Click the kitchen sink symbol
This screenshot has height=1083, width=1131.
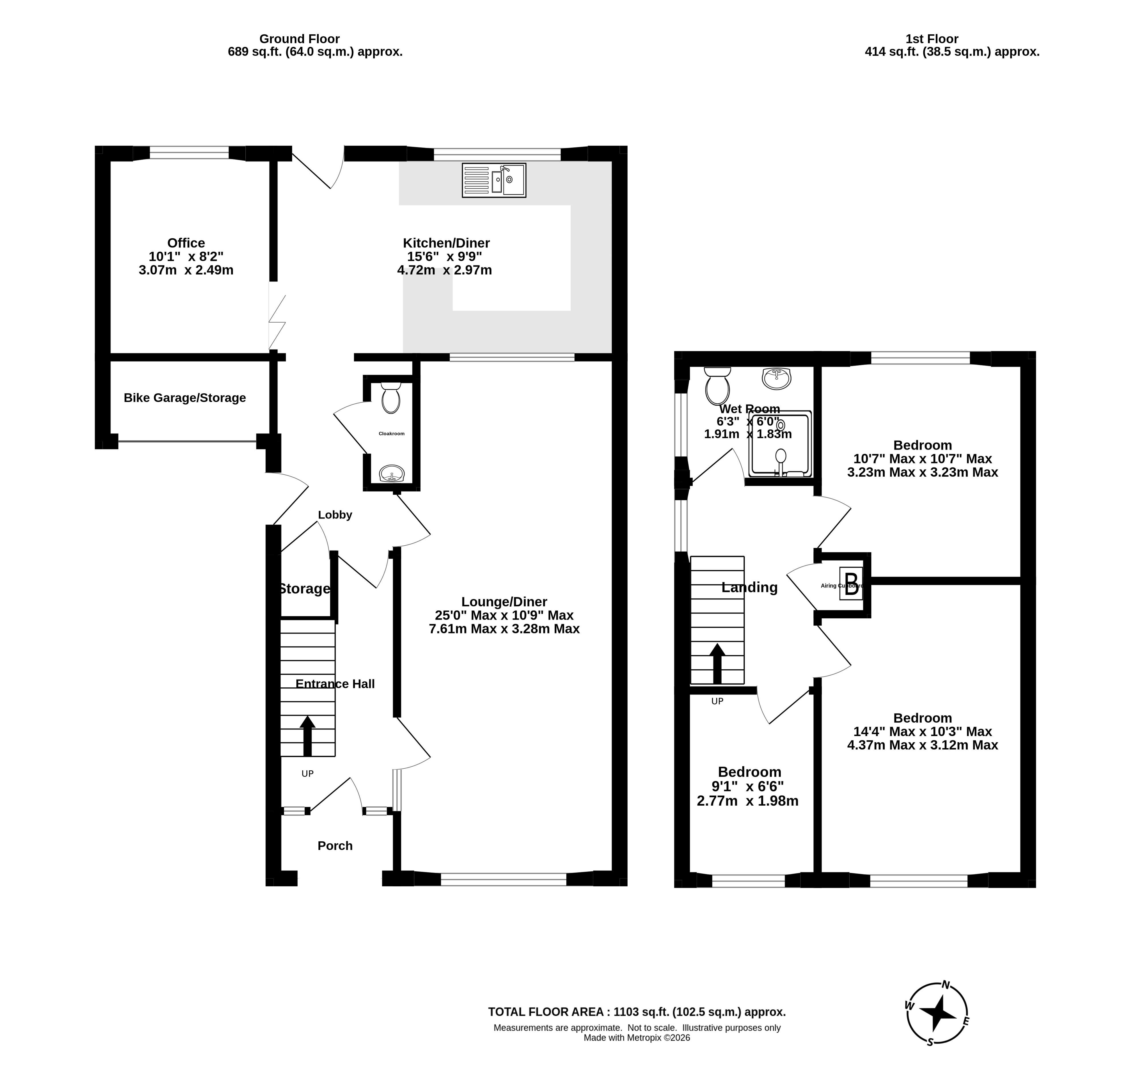494,180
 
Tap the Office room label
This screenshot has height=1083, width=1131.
186,243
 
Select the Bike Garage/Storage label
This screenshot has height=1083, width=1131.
185,398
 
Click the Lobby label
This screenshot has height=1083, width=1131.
335,515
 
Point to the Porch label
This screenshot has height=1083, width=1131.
335,845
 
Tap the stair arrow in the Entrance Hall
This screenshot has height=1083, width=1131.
308,736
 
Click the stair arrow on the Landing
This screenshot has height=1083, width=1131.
717,664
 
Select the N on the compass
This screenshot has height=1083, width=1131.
946,984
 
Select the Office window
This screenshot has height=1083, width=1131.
189,152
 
